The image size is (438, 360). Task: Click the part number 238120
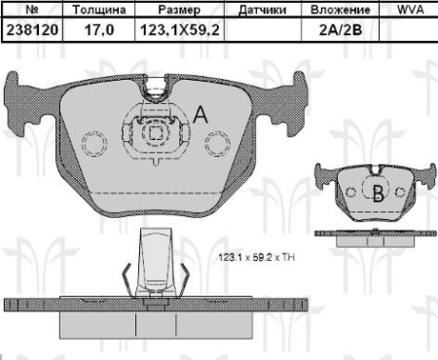click(x=32, y=30)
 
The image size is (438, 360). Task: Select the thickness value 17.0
click(x=99, y=30)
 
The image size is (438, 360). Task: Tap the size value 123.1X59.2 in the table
click(x=179, y=30)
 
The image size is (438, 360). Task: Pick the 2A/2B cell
click(x=341, y=30)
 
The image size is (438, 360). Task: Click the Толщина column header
click(x=99, y=10)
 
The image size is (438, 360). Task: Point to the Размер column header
click(x=179, y=10)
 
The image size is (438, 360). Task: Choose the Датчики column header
click(x=263, y=10)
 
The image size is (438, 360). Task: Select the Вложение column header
click(x=341, y=10)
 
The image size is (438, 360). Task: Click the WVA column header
click(x=411, y=10)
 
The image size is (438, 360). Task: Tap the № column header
click(x=32, y=10)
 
